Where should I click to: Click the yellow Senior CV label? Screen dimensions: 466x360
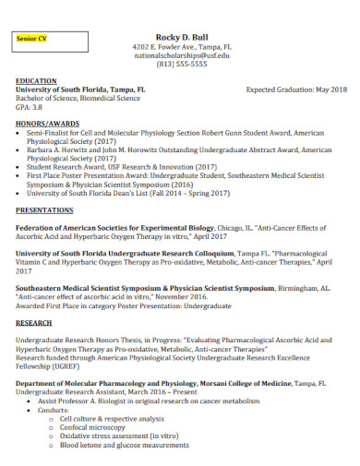point(35,40)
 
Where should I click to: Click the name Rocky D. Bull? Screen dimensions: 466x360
point(182,35)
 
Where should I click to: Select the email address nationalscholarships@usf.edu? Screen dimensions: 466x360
point(182,55)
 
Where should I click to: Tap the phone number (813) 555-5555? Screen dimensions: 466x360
point(182,66)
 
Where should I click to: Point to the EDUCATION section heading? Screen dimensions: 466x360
point(36,81)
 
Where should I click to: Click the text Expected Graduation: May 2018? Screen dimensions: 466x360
point(296,90)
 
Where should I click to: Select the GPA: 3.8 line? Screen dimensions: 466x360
point(30,106)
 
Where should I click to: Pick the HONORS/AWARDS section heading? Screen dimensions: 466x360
point(46,123)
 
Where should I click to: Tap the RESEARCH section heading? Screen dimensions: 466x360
point(34,324)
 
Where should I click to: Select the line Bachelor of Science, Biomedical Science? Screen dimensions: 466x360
point(78,98)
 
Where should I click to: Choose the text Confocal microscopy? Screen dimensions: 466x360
point(93,427)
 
